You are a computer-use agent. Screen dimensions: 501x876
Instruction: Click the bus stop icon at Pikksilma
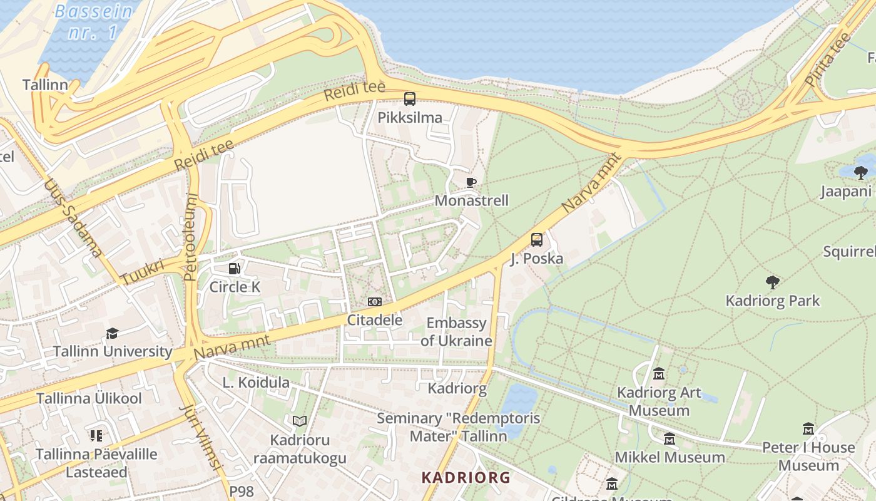pyautogui.click(x=409, y=99)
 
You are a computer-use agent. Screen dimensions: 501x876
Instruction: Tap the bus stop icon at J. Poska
pyautogui.click(x=536, y=240)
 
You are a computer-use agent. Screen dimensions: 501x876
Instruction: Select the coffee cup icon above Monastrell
pyautogui.click(x=471, y=182)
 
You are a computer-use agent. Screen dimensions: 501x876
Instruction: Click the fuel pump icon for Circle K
pyautogui.click(x=234, y=269)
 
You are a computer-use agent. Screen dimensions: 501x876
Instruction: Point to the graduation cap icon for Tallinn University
pyautogui.click(x=112, y=333)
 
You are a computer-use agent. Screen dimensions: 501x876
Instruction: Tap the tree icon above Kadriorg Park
pyautogui.click(x=773, y=282)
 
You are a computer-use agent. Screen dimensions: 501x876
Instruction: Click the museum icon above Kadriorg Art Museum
pyautogui.click(x=658, y=374)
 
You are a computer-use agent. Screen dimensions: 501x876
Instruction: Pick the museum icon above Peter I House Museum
pyautogui.click(x=808, y=429)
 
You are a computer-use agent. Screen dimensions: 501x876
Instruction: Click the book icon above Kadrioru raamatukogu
pyautogui.click(x=300, y=421)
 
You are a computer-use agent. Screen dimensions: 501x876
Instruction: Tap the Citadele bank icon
pyautogui.click(x=374, y=302)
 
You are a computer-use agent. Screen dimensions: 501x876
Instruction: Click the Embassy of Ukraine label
pyautogui.click(x=456, y=332)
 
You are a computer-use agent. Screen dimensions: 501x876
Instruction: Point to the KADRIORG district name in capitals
pyautogui.click(x=466, y=478)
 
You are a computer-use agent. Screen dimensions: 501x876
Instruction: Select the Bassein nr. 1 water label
pyautogui.click(x=94, y=21)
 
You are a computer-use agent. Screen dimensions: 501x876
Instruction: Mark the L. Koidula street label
pyautogui.click(x=256, y=383)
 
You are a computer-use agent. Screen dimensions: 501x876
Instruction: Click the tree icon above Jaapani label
pyautogui.click(x=861, y=172)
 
